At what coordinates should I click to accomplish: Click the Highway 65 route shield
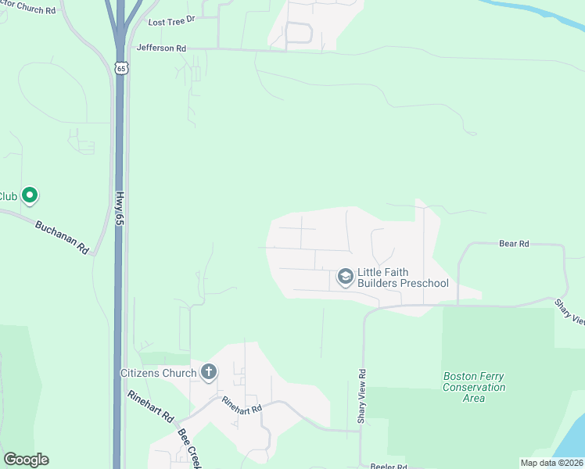coord(120,69)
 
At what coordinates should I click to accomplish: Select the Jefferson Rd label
coord(161,48)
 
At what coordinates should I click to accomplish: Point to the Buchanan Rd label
coord(62,236)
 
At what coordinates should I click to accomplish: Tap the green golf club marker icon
coord(30,195)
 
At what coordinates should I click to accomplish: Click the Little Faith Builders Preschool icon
coord(345,277)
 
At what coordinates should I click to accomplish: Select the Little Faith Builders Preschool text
coord(403,277)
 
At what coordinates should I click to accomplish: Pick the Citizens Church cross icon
coord(208,373)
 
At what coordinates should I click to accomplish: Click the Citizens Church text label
coord(158,373)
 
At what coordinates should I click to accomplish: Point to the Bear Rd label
coord(514,244)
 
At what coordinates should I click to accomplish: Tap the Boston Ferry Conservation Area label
coord(474,387)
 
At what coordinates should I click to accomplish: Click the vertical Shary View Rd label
coord(361,396)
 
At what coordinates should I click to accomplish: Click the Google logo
coord(26,460)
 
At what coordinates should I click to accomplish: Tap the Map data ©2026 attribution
coord(551,463)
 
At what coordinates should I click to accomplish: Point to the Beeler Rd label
coord(389,467)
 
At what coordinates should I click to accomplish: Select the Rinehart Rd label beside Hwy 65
coord(150,406)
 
